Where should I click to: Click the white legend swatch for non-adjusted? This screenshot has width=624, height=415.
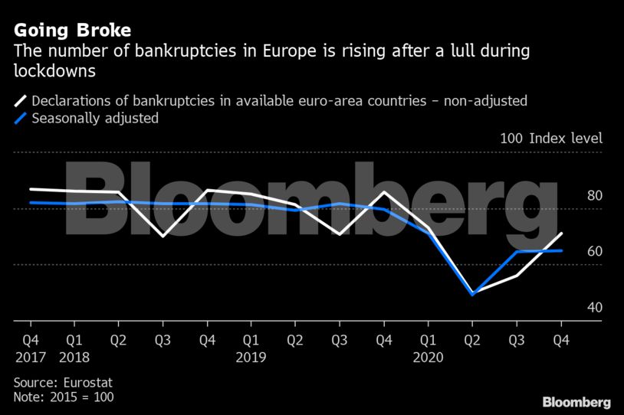click(20, 100)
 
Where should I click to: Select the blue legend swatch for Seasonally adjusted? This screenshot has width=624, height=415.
click(20, 118)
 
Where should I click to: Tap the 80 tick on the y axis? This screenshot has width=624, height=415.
click(573, 195)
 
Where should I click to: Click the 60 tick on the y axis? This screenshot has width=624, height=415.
click(573, 251)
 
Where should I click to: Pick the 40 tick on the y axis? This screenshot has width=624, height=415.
click(573, 308)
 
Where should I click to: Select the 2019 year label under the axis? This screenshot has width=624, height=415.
click(251, 358)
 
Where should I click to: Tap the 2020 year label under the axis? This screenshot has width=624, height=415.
click(429, 358)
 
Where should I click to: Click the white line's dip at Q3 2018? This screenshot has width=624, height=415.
click(163, 236)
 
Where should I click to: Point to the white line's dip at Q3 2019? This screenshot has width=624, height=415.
click(340, 234)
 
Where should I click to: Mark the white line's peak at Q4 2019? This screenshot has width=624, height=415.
click(384, 191)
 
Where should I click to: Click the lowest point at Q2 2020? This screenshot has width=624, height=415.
click(473, 294)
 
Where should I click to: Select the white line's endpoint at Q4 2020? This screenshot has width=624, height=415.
click(562, 233)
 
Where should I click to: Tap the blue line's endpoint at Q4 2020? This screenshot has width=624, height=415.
click(562, 250)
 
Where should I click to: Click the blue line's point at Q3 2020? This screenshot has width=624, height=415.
click(517, 251)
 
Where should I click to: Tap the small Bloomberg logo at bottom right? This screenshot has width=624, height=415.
click(576, 402)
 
